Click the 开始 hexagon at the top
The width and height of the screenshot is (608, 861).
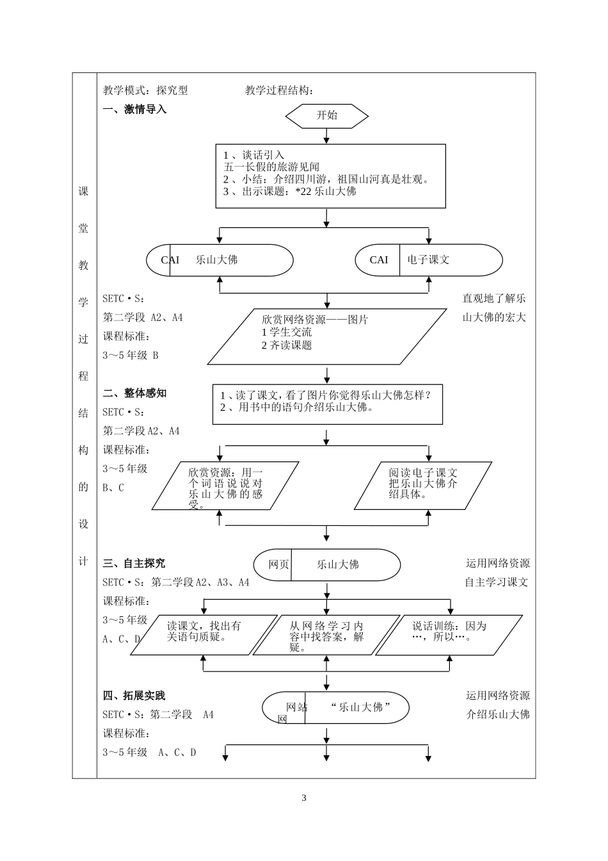(x=326, y=116)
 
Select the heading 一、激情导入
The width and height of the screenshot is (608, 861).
(x=134, y=110)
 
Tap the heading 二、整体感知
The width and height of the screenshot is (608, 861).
(x=134, y=393)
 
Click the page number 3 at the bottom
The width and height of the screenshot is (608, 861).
(x=304, y=798)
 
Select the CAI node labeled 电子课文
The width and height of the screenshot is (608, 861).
(x=428, y=260)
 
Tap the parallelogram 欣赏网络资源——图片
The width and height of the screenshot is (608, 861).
(x=326, y=336)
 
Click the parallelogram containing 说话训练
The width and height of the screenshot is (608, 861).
(x=449, y=634)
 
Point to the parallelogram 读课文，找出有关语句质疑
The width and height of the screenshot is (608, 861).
(x=204, y=634)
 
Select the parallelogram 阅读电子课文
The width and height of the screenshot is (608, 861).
(x=423, y=485)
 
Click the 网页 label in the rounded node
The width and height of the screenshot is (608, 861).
(x=278, y=565)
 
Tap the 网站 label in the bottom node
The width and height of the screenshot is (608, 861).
(x=296, y=707)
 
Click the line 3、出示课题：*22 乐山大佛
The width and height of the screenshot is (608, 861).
(x=289, y=192)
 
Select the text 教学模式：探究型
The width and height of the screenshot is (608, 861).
(x=145, y=91)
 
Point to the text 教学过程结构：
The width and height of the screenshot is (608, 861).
(x=280, y=91)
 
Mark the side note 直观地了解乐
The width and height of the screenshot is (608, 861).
(x=494, y=299)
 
